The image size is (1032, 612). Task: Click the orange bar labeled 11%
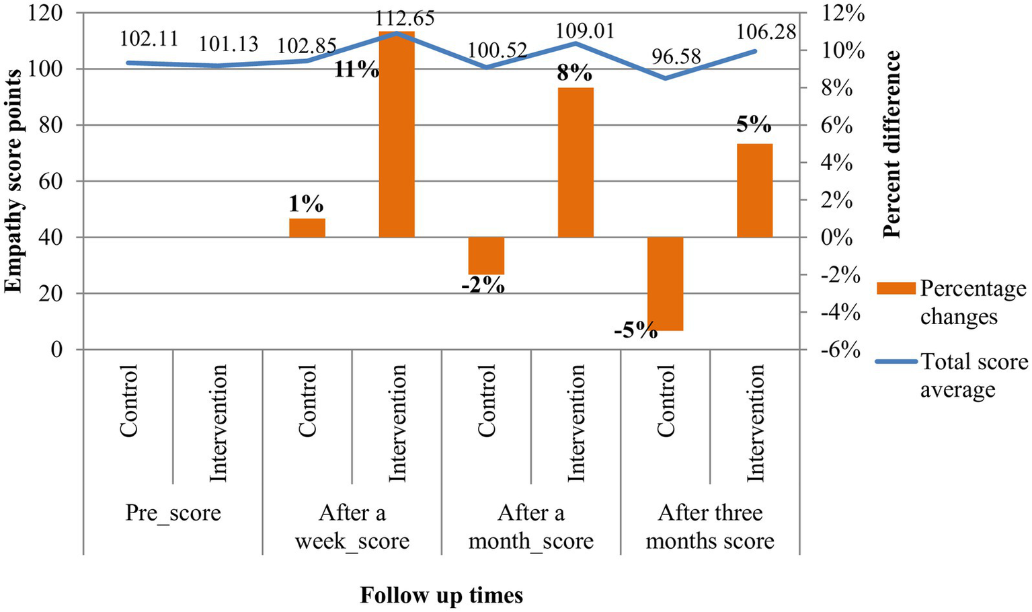pyautogui.click(x=397, y=135)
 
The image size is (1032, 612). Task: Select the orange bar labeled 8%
pyautogui.click(x=575, y=163)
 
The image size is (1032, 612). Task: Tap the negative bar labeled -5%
pyautogui.click(x=665, y=283)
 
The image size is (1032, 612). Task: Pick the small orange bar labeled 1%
pyautogui.click(x=307, y=228)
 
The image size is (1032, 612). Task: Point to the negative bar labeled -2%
pyautogui.click(x=486, y=256)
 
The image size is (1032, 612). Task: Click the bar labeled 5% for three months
pyautogui.click(x=754, y=190)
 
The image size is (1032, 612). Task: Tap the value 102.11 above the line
pyautogui.click(x=149, y=38)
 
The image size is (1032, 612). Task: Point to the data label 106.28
pyautogui.click(x=766, y=32)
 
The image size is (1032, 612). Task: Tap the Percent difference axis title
pyautogui.click(x=891, y=145)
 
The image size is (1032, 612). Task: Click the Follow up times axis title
pyautogui.click(x=441, y=595)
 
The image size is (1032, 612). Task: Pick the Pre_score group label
pyautogui.click(x=173, y=514)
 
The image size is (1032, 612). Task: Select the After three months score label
pyautogui.click(x=710, y=527)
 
